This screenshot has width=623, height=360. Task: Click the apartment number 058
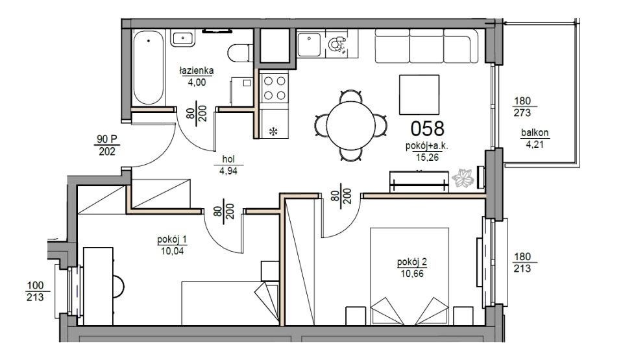[427, 128]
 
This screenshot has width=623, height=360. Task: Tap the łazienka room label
[197, 71]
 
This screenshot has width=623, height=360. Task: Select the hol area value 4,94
[228, 171]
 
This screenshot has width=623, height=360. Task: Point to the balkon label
[535, 133]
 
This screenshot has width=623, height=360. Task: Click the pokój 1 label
[172, 239]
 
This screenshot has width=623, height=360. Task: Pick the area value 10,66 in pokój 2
[413, 273]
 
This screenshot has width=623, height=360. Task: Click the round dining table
[351, 125]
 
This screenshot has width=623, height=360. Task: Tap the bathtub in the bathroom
[148, 67]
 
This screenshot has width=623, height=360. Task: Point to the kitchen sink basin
[310, 45]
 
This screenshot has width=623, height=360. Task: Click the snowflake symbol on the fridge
[273, 132]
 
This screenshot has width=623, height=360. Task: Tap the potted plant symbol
[463, 178]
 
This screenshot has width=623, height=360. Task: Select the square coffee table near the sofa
[420, 95]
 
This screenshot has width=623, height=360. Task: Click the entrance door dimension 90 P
[107, 139]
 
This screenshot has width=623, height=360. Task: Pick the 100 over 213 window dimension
[35, 291]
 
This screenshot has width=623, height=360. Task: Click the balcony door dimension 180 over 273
[522, 107]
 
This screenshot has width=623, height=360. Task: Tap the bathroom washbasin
[183, 38]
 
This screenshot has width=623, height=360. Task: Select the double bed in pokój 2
[409, 276]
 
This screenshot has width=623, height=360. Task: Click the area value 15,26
[427, 158]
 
